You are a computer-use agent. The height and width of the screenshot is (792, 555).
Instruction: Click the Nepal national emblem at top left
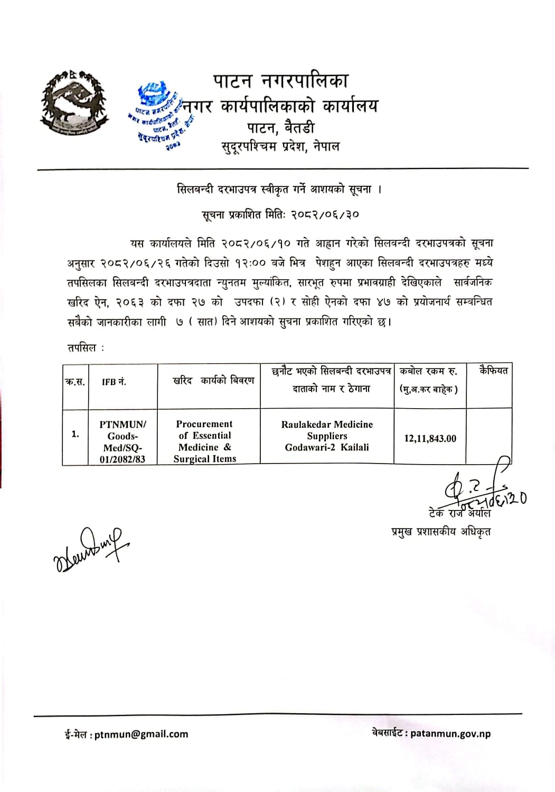(72, 103)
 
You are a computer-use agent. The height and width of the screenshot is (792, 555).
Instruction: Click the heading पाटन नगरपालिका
(281, 81)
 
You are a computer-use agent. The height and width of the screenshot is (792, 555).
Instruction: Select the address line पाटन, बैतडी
(280, 127)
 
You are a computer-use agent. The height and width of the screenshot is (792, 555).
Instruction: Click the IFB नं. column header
(114, 382)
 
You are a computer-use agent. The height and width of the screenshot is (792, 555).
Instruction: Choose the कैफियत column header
(493, 371)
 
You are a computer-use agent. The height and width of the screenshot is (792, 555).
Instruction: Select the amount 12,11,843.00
(430, 438)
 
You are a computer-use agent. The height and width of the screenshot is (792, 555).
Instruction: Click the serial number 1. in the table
(75, 434)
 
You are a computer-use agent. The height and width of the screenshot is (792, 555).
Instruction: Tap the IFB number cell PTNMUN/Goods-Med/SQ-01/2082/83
(123, 441)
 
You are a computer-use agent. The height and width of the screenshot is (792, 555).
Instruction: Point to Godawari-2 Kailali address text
(327, 447)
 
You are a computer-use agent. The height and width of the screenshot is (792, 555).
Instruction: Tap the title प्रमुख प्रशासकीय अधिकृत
(440, 532)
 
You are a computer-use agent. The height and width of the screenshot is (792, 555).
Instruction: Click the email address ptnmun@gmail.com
(141, 734)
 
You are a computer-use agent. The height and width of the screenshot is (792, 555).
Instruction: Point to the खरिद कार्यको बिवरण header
(213, 381)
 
